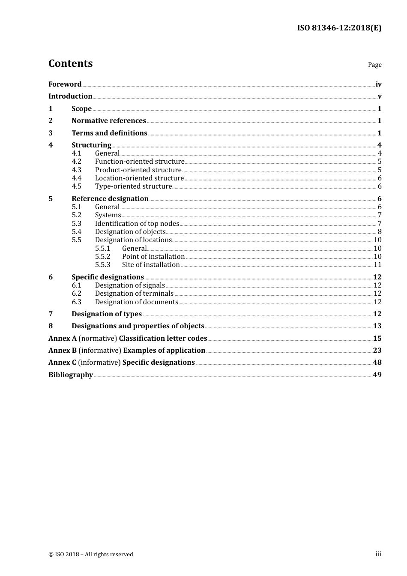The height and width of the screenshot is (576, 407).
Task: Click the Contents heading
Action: tap(70, 63)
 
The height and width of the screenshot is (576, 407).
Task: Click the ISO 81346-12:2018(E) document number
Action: tap(339, 28)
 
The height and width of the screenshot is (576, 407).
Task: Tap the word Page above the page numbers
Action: tap(374, 65)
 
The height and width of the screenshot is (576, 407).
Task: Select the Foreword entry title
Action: tap(65, 84)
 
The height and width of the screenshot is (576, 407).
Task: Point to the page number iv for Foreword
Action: tap(378, 84)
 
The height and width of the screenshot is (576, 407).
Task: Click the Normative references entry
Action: tap(109, 120)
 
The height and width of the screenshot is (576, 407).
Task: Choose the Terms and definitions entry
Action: tap(109, 133)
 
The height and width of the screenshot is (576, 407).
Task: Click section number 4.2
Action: tap(76, 162)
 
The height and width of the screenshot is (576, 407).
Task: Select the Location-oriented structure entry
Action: tap(139, 178)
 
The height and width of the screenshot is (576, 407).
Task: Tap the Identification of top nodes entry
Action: tap(137, 223)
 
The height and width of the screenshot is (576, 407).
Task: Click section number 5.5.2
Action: tap(102, 256)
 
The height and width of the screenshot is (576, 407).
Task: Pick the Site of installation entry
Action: tap(151, 264)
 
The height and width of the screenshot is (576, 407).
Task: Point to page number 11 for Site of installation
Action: tap(377, 264)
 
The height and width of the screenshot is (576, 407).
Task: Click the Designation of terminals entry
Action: tap(134, 293)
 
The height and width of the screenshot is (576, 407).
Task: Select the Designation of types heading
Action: tap(107, 314)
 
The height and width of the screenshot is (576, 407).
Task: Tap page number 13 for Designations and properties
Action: tap(377, 326)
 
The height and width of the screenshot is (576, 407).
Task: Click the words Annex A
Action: tap(63, 338)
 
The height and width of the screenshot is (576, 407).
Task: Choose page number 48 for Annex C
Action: tap(377, 362)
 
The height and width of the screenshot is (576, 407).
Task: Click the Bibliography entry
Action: tap(71, 375)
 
